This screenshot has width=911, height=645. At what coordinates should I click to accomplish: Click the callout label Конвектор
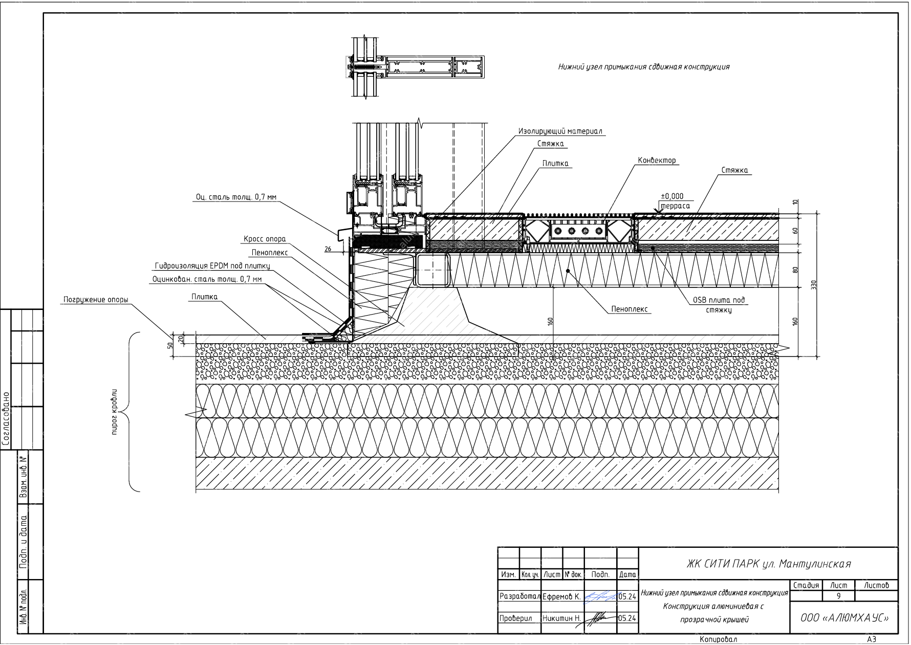657,161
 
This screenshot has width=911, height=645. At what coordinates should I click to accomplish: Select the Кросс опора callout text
264,239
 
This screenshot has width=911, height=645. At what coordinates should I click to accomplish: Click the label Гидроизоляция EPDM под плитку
212,266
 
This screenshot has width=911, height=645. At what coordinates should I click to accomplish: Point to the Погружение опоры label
96,300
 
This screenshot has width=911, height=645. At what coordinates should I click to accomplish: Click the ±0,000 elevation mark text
672,196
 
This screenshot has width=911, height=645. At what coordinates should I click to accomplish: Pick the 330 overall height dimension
814,284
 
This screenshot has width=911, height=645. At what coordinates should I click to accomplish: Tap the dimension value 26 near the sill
328,249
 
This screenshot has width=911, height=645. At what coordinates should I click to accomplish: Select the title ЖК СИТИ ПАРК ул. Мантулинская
768,564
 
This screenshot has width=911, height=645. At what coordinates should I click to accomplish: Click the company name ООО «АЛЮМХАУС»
844,618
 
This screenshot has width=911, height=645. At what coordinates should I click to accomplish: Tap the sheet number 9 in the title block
838,596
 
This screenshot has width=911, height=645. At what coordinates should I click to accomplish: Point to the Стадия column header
806,585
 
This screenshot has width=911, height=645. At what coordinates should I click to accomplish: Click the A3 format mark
872,639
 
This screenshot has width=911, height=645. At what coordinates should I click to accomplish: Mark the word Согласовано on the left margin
6,419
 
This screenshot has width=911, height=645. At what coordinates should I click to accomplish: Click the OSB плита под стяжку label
719,305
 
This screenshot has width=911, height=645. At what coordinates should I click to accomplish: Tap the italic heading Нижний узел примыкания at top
644,67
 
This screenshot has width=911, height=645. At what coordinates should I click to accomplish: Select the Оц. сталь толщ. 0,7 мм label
236,196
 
